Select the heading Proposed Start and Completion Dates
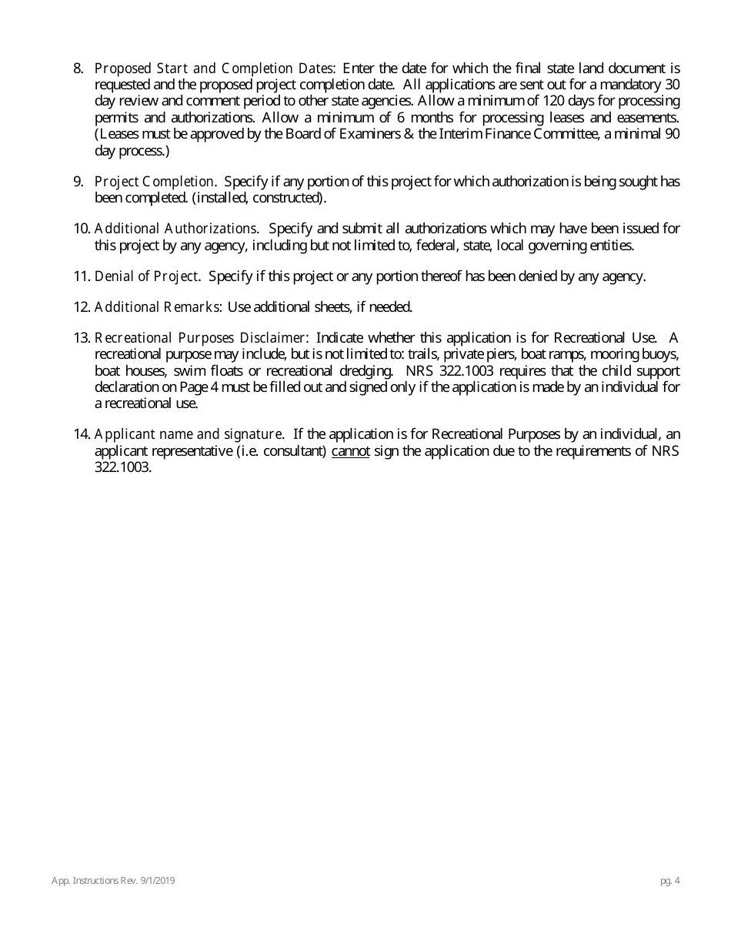(x=215, y=69)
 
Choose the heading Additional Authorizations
(x=176, y=229)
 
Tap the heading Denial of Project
(x=147, y=276)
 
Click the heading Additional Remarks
(x=159, y=307)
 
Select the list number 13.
(x=82, y=338)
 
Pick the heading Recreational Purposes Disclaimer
(x=202, y=338)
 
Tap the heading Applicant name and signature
(x=189, y=434)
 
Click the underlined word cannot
(x=350, y=451)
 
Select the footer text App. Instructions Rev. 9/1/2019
(x=113, y=881)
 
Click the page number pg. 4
(x=669, y=881)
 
